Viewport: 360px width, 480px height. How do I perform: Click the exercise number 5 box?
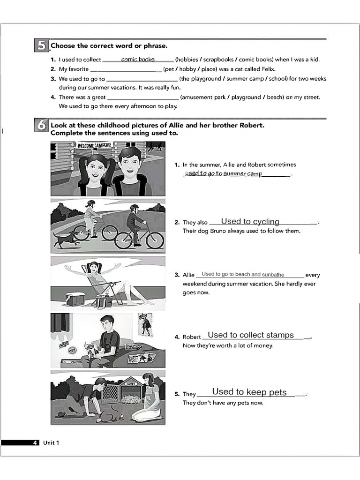tap(41, 45)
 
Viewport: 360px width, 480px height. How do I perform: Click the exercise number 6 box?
tap(41, 126)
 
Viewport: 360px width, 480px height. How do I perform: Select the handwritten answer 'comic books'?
tap(138, 60)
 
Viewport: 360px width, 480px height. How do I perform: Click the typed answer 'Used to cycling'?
tap(250, 222)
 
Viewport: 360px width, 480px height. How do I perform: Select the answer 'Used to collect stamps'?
tap(251, 335)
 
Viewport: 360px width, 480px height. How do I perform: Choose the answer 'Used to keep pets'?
tap(249, 392)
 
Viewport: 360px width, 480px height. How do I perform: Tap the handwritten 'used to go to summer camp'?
tap(223, 174)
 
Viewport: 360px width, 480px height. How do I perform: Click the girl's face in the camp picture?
tap(97, 165)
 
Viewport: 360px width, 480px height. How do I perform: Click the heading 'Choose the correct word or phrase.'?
tap(109, 46)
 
